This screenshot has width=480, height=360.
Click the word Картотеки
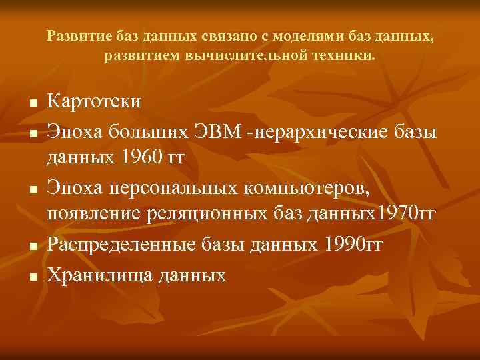[94, 101]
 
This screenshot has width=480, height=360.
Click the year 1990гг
[353, 245]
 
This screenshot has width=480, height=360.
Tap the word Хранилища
[99, 274]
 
